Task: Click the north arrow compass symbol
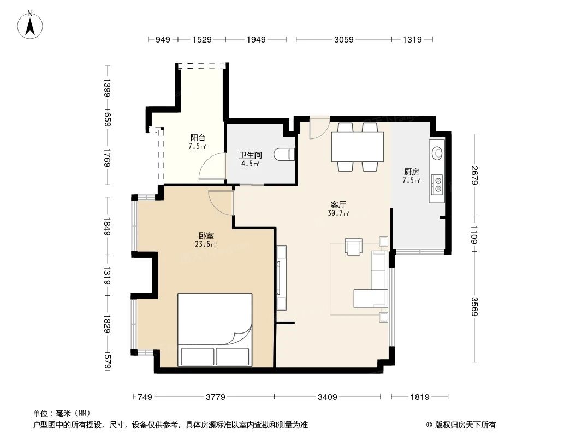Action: click(32, 24)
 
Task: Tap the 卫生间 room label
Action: click(246, 155)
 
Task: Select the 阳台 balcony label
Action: click(197, 138)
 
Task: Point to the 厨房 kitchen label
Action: click(411, 172)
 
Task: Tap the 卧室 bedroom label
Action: click(206, 235)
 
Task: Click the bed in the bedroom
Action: click(215, 329)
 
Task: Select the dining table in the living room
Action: click(357, 147)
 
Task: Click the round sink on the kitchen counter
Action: click(437, 153)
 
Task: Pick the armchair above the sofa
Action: click(354, 247)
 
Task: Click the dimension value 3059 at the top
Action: click(343, 39)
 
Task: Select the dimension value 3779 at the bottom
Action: click(216, 397)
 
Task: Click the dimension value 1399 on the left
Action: click(108, 88)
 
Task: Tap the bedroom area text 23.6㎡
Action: click(206, 245)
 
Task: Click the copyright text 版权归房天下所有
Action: click(464, 425)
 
